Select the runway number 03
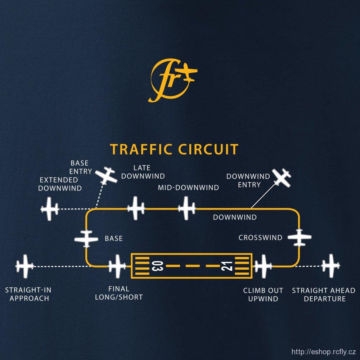pos(157,267)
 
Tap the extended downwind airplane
pos(50,209)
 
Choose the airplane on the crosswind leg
pos(299,238)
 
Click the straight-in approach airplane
pos(25,266)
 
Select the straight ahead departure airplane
pos(330,266)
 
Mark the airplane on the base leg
pos(86,239)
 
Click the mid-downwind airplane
pos(187,208)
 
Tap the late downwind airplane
pos(136,208)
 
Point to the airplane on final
pos(117,266)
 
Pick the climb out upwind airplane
pos(263,266)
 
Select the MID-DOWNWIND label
pos(188,188)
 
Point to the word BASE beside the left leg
pos(113,238)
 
